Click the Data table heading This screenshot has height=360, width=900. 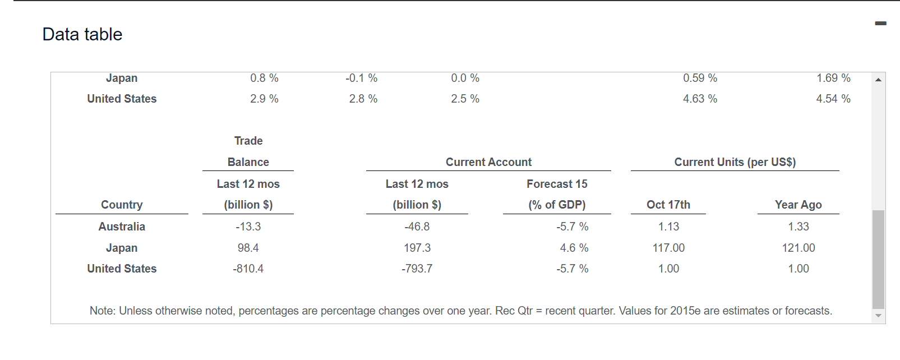(82, 34)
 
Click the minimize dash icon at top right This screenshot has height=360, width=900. (880, 24)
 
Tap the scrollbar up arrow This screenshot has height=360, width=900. (878, 80)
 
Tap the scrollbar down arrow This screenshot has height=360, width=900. (878, 316)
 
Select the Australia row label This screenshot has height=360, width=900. (122, 227)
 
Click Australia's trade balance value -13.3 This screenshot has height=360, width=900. (248, 227)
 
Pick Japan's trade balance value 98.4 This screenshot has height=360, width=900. (248, 248)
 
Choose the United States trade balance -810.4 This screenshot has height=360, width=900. (248, 269)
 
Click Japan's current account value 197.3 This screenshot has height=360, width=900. (417, 248)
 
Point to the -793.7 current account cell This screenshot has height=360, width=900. (417, 269)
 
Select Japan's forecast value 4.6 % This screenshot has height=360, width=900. (574, 248)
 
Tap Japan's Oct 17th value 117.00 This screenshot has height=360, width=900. (668, 248)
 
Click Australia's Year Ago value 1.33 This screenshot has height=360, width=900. (799, 227)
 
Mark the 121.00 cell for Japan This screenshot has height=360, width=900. (799, 248)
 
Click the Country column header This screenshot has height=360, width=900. (122, 205)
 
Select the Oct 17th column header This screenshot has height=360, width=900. (668, 205)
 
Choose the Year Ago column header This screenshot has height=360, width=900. (799, 205)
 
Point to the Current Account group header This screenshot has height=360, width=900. (488, 162)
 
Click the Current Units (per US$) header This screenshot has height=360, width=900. (735, 162)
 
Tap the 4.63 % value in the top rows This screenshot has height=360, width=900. (700, 99)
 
